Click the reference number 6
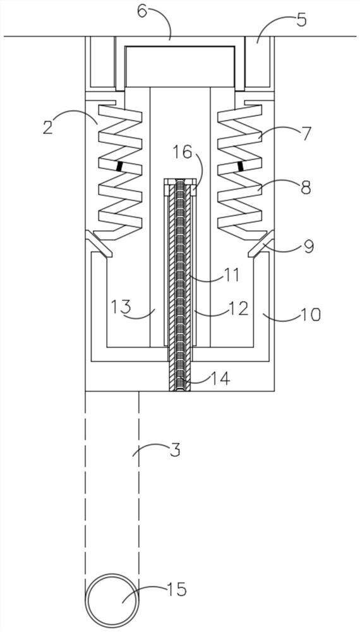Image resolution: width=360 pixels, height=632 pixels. click(x=142, y=11)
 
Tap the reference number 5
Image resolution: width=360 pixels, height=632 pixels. click(x=302, y=20)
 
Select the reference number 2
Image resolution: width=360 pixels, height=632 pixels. click(x=48, y=127)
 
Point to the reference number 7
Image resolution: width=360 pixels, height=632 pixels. click(x=306, y=133)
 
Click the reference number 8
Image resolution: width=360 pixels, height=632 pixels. click(x=306, y=188)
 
